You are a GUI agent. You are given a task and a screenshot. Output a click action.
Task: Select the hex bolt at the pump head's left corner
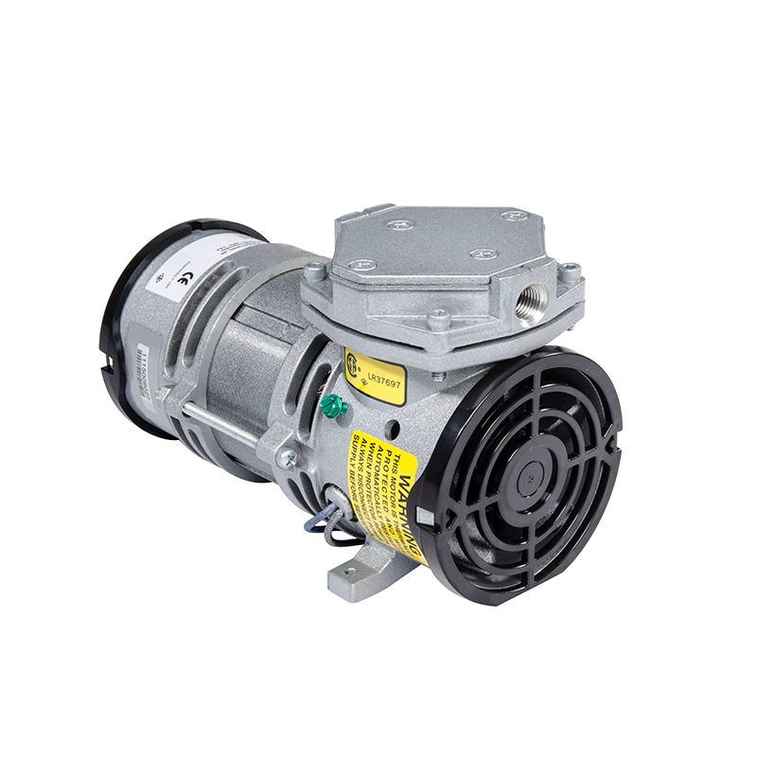tap(313, 277)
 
